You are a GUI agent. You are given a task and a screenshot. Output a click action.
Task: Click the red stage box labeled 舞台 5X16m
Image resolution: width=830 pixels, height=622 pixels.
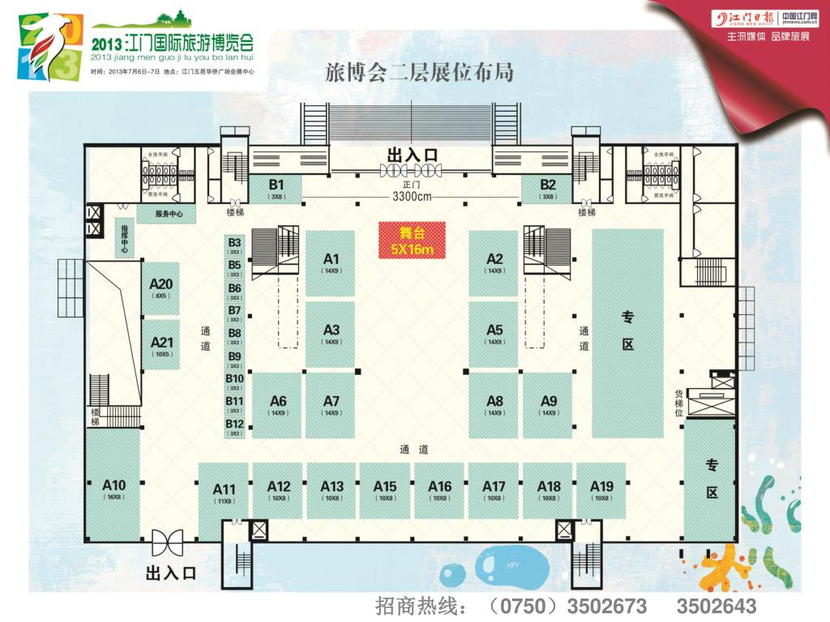[412, 241]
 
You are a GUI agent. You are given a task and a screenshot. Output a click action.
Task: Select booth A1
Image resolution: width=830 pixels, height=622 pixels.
[331, 262]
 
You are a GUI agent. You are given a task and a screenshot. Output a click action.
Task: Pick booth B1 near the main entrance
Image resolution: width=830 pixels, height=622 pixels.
[276, 187]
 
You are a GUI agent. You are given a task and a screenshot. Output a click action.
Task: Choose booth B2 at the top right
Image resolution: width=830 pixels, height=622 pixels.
[548, 187]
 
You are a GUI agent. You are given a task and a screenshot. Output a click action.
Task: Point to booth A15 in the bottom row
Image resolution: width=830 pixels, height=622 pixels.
[385, 490]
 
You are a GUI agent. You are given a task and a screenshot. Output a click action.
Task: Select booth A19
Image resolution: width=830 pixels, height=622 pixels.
[601, 490]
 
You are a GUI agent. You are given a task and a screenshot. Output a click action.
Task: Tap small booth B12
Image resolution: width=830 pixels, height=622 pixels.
[235, 427]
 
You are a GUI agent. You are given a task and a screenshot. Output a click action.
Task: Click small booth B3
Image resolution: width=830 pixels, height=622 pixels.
[235, 245]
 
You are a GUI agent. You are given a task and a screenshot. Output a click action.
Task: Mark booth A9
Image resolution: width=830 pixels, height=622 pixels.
[549, 404]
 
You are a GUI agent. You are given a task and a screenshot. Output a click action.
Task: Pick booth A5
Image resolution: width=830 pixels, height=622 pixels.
[494, 333]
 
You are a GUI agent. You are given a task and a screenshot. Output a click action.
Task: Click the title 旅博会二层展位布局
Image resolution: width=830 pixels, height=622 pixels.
[419, 72]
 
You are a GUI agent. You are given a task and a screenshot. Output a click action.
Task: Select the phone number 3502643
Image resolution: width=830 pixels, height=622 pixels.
[717, 606]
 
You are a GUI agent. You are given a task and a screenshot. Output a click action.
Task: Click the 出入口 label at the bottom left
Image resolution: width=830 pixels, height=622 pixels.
[171, 573]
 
